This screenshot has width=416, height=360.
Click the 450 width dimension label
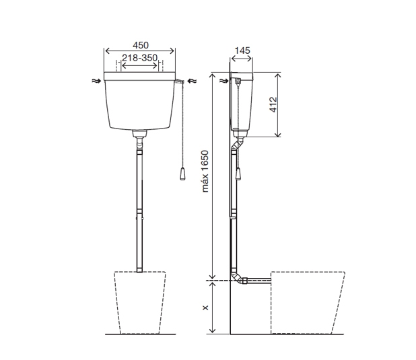140,45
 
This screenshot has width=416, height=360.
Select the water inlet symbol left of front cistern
97,80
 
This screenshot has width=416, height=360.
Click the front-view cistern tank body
140,101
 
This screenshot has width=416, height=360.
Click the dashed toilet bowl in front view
140,303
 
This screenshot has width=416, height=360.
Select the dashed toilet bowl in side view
306,303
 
